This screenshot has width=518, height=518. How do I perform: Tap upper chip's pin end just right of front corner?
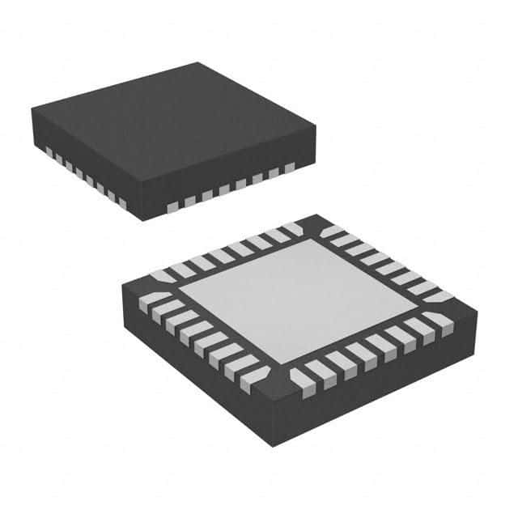[172, 208]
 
